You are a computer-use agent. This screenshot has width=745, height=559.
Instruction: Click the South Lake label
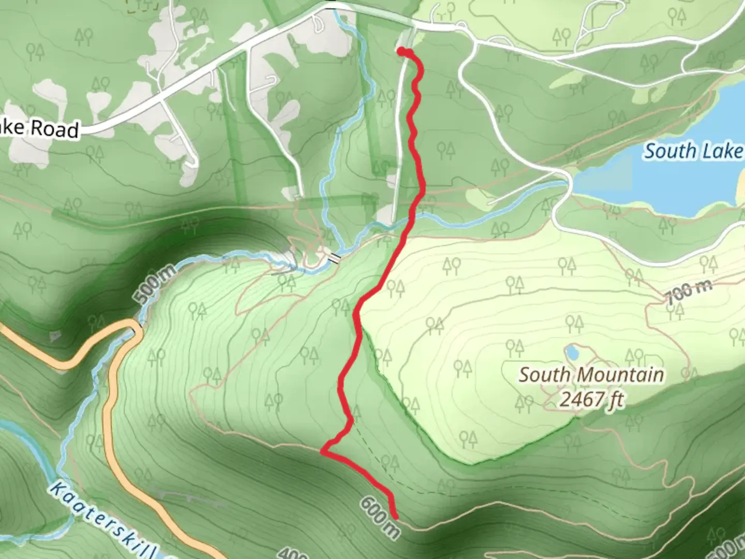[692, 151]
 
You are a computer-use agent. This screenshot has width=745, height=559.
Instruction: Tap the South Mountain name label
[591, 375]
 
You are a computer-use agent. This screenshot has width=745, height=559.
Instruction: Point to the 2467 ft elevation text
[591, 399]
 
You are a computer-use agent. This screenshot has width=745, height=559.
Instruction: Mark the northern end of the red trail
[401, 50]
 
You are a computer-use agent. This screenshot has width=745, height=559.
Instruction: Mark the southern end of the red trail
[396, 517]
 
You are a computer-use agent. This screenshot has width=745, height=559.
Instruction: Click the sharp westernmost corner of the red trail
[323, 451]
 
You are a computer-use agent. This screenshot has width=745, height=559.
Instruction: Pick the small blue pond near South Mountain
[572, 352]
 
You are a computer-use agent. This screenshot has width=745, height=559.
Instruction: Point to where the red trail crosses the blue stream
[411, 220]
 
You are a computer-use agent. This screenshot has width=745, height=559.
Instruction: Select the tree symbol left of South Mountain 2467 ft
[524, 402]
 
